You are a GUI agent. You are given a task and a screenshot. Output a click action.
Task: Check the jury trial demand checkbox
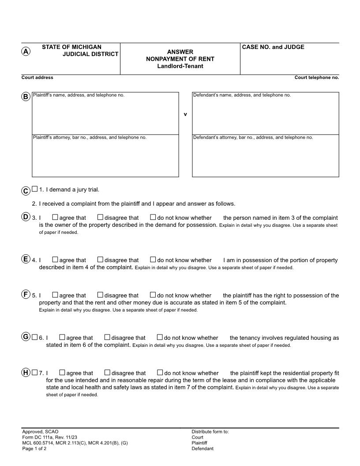click(35, 189)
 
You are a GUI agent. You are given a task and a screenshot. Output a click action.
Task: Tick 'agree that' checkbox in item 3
click(55, 217)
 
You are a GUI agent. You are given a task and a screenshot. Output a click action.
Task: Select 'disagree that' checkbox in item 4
click(100, 260)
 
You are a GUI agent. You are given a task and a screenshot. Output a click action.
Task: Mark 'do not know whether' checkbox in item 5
click(153, 295)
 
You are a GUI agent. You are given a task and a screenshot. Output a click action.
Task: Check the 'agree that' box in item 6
click(62, 337)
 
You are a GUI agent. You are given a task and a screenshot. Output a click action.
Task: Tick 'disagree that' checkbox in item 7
click(107, 372)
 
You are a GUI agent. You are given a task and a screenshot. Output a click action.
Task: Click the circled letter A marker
click(26, 51)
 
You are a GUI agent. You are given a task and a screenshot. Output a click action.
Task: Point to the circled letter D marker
click(26, 217)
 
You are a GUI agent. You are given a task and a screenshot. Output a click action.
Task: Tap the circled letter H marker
click(26, 372)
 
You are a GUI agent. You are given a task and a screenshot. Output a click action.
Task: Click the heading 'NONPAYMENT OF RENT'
click(180, 59)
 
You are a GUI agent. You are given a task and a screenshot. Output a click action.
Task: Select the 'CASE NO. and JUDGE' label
click(273, 47)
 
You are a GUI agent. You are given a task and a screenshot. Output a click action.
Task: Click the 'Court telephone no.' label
click(316, 78)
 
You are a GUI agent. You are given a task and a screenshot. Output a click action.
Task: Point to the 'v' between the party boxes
click(185, 114)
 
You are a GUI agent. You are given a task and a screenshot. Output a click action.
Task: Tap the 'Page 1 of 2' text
click(34, 449)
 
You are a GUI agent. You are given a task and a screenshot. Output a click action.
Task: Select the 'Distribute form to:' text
click(210, 432)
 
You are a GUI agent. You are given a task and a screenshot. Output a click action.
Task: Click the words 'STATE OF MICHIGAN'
click(71, 47)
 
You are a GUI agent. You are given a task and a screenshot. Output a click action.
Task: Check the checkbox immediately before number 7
click(35, 372)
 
